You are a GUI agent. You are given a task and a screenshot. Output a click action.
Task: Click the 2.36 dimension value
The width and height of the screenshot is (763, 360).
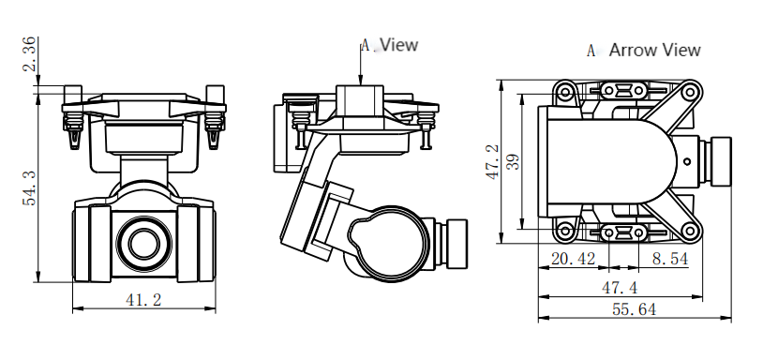pyautogui.click(x=30, y=53)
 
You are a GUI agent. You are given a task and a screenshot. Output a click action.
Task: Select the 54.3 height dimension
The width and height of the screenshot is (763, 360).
pyautogui.click(x=30, y=187)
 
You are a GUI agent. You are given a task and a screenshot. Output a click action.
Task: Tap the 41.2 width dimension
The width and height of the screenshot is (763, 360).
pyautogui.click(x=143, y=300)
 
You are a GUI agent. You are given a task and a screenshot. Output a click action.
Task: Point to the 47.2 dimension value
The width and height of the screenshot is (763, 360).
pyautogui.click(x=492, y=162)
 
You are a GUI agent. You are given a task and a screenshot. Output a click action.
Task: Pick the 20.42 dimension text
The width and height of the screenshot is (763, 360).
pyautogui.click(x=573, y=258)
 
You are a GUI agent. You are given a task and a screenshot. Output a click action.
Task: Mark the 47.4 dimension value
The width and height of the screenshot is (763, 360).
pyautogui.click(x=619, y=286)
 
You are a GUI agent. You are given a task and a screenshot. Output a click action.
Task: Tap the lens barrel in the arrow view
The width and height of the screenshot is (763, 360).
pyautogui.click(x=721, y=161)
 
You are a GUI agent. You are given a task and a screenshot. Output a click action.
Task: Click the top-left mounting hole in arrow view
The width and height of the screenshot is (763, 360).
pyautogui.click(x=565, y=92)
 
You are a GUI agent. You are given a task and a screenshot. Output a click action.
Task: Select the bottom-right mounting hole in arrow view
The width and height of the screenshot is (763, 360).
pyautogui.click(x=690, y=231)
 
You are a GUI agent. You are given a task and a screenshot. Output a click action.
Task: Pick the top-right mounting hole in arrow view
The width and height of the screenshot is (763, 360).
pyautogui.click(x=690, y=92)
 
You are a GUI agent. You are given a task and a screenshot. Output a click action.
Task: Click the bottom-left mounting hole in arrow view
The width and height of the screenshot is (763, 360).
pyautogui.click(x=565, y=231)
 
